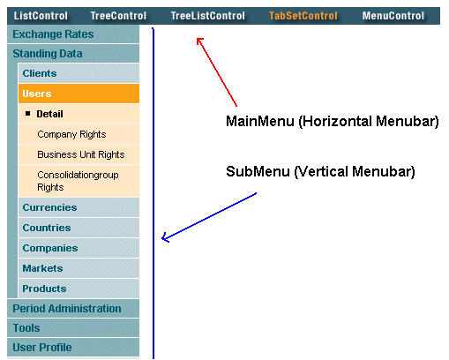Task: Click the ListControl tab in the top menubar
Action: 41,16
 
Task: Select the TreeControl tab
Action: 119,16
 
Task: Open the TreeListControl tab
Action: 207,16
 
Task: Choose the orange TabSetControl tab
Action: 303,16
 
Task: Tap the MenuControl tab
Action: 393,16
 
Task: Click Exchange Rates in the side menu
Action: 53,34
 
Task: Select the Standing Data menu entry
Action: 48,54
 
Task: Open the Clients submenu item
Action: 40,73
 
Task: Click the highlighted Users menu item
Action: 37,94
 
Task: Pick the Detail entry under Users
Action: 50,114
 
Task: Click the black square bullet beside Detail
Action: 28,114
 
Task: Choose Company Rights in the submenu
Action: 71,134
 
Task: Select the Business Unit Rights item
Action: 80,154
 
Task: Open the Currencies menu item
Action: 49,207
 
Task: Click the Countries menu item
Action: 48,228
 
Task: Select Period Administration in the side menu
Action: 67,309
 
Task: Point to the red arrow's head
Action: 198,40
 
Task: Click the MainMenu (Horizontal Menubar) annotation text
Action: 333,121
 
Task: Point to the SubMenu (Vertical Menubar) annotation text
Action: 320,170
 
